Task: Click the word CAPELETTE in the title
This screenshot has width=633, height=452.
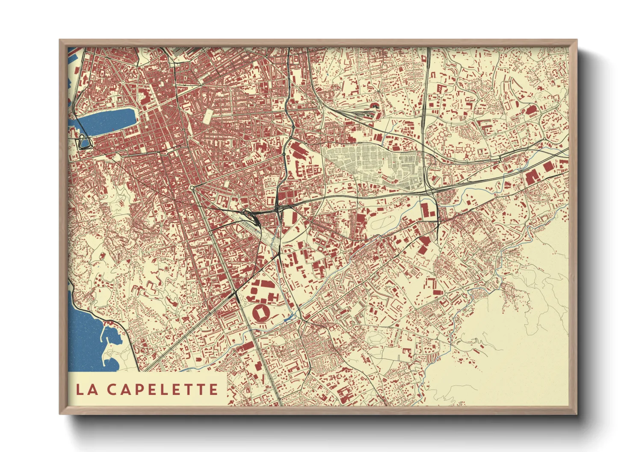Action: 163,389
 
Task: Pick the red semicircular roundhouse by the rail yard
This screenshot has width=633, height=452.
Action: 376,105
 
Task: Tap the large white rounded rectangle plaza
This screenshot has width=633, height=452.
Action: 209,116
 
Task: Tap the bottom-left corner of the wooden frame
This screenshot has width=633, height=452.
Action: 60,413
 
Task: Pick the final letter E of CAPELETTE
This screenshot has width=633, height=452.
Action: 212,389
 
